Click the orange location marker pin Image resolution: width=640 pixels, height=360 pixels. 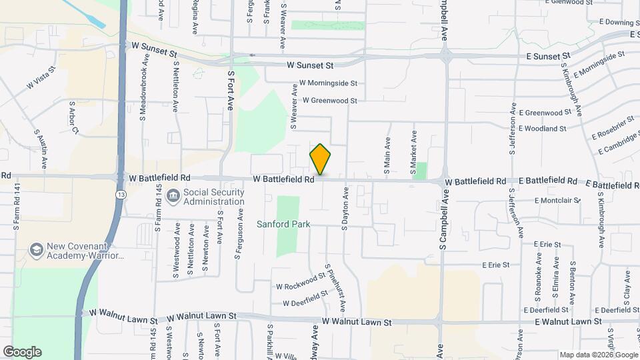coord(320,159)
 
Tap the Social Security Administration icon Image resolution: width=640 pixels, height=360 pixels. coord(173,196)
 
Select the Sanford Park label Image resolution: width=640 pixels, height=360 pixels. coord(283,225)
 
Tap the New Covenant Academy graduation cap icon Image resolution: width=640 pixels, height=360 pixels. coord(36,251)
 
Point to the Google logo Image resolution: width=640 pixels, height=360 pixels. coord(22,351)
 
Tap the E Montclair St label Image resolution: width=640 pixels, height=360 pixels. coord(557,200)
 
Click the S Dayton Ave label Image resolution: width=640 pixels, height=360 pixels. coord(345,209)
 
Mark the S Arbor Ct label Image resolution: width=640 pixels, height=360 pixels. coord(73,117)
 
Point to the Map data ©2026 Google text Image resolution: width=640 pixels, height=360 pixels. coord(599,355)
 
